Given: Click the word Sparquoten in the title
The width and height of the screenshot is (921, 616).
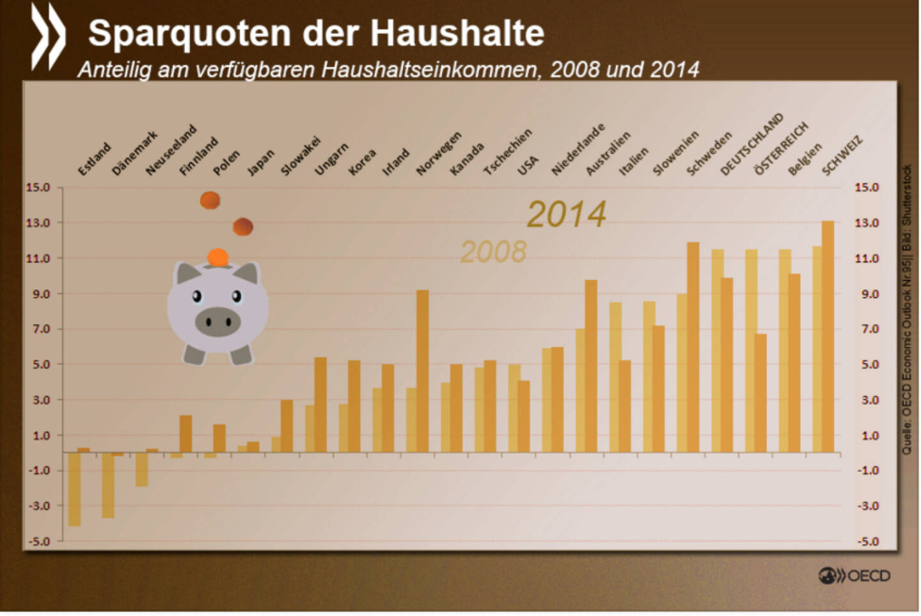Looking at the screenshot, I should pos(189,33).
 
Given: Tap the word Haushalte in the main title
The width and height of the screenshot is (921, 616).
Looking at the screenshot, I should pos(457,33).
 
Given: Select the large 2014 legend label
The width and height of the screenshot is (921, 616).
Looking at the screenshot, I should pos(566,215).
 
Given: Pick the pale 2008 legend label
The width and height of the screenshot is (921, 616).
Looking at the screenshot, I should pos(493,252).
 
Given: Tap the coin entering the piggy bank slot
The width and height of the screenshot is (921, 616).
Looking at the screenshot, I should pos(218,258).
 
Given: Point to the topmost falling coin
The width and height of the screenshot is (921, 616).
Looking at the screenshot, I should pos(210,200).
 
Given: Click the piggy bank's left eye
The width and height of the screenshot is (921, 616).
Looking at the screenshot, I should pos(197,296).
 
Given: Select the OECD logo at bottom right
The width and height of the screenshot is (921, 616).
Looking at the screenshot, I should pos(854,576).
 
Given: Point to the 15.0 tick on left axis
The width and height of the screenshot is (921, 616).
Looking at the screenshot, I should pos(38,187).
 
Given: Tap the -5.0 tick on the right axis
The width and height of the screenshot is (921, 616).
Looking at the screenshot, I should pos(867,542).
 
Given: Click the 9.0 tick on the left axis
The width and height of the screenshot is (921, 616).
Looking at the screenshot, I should pos(38,294).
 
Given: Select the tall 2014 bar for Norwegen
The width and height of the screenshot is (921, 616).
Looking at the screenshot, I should pos(423,371).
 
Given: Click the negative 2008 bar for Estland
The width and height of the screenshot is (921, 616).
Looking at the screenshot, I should pos(74,489).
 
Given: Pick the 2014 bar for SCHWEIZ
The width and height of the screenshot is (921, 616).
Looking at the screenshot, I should pos(828,336).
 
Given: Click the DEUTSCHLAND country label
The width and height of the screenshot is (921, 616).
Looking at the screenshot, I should pos(752,145).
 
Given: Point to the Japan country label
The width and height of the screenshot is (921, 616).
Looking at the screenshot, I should pos(260,162).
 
